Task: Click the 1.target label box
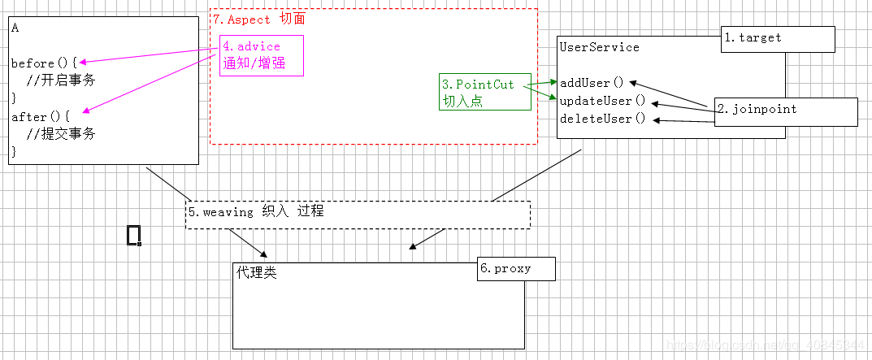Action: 778,39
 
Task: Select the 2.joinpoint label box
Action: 786,111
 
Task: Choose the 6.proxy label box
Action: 515,269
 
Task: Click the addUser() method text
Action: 592,83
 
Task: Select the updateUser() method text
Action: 602,101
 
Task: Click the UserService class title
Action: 599,47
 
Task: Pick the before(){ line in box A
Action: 44,63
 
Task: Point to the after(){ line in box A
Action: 41,117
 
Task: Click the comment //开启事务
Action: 60,80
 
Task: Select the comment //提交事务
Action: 60,134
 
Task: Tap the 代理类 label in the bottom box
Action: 257,273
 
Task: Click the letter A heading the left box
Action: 15,28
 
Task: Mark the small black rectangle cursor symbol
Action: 134,235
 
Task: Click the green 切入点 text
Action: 462,102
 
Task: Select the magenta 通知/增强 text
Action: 253,63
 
